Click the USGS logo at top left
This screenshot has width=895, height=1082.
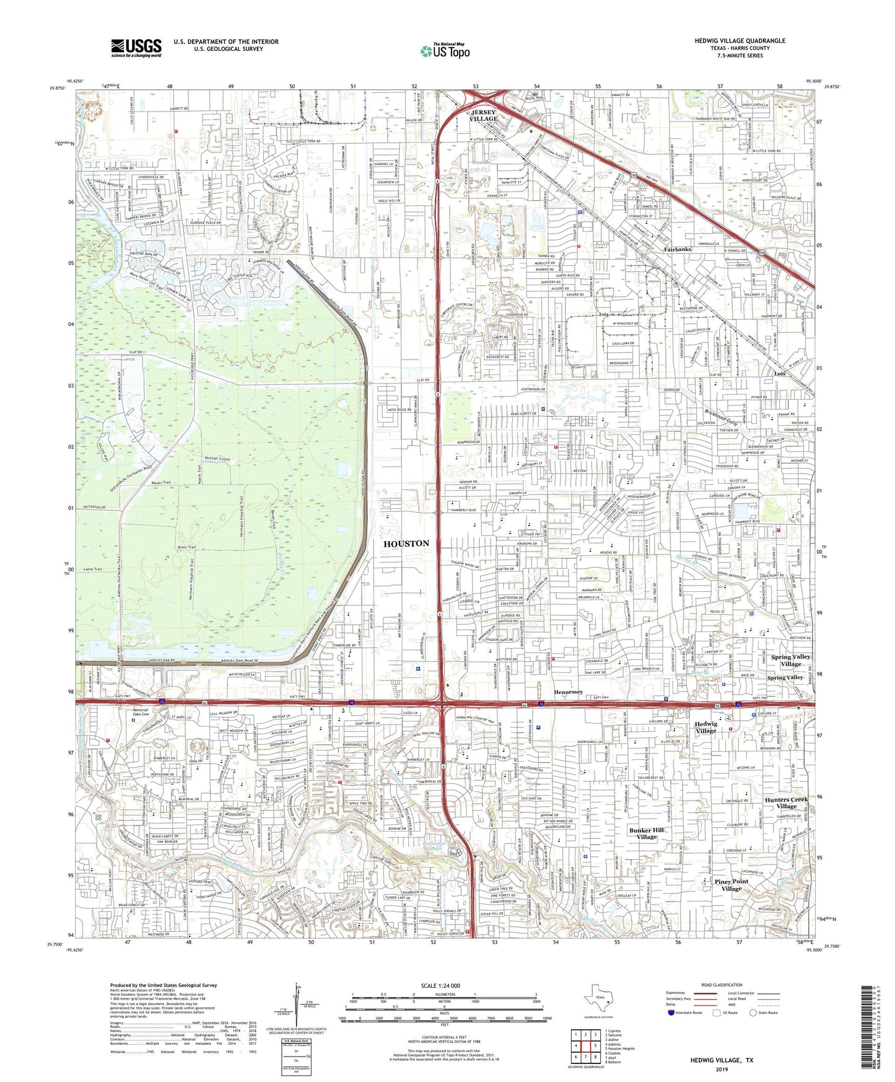pyautogui.click(x=136, y=47)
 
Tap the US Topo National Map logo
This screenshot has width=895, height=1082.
pyautogui.click(x=445, y=51)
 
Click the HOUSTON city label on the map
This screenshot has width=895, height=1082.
pyautogui.click(x=406, y=543)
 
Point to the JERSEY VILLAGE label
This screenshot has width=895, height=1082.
pyautogui.click(x=482, y=115)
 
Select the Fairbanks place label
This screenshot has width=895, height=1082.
pyautogui.click(x=678, y=249)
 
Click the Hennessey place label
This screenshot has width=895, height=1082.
pyautogui.click(x=568, y=692)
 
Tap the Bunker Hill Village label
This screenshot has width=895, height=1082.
pyautogui.click(x=647, y=833)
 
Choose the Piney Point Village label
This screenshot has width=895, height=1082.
pyautogui.click(x=731, y=885)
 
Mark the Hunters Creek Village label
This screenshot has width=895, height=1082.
pyautogui.click(x=786, y=803)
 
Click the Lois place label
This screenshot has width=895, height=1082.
pyautogui.click(x=780, y=374)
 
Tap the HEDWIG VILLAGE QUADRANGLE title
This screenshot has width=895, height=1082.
pyautogui.click(x=740, y=41)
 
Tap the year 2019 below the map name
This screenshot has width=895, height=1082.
pyautogui.click(x=722, y=1070)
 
